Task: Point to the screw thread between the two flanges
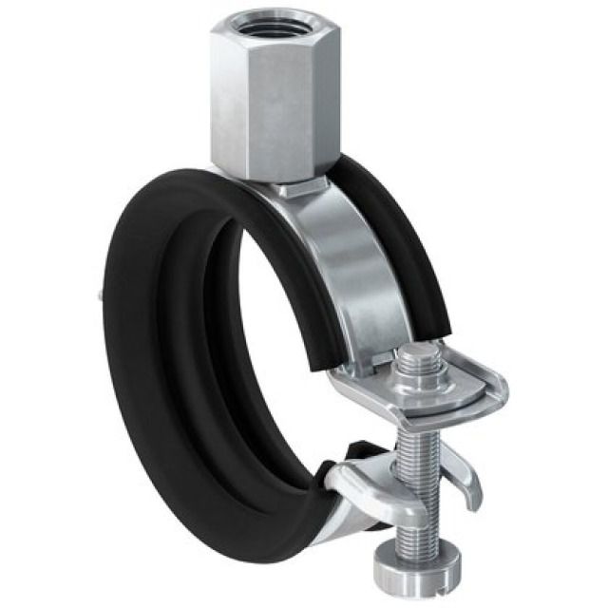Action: [416, 437]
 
